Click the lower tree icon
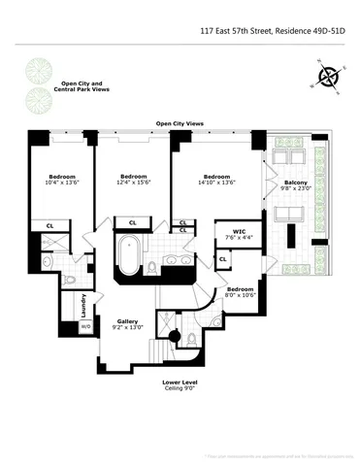tap(39, 97)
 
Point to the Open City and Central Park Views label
tap(83, 86)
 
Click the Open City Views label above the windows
tap(180, 123)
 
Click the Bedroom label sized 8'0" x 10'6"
tap(241, 292)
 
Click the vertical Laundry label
tap(84, 305)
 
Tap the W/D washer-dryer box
tap(84, 326)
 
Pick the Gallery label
tap(128, 323)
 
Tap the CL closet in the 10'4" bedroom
tap(49, 225)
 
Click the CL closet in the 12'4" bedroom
tap(132, 223)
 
